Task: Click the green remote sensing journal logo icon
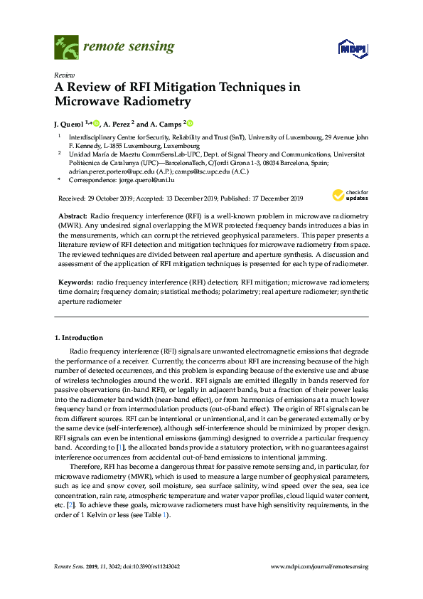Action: point(66,48)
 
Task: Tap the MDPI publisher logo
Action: point(351,49)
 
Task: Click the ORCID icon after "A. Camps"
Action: point(191,123)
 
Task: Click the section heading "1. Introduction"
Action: point(79,337)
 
